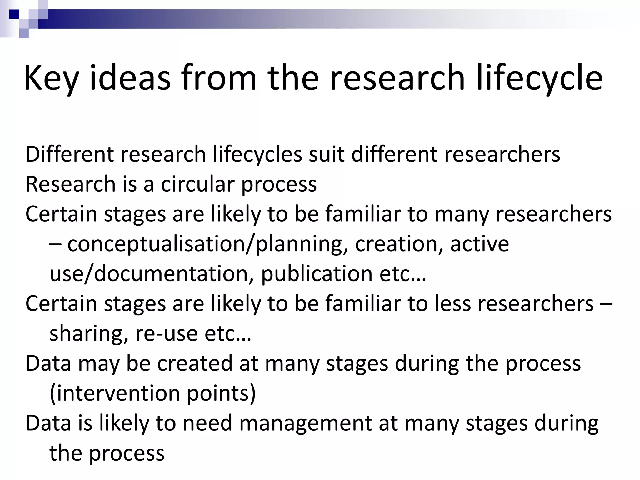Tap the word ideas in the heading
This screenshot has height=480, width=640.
pyautogui.click(x=130, y=77)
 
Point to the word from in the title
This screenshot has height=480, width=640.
pyautogui.click(x=219, y=77)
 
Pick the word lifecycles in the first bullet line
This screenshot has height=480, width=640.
pyautogui.click(x=257, y=154)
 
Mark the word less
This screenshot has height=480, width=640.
pyautogui.click(x=453, y=303)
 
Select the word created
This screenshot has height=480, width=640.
pyautogui.click(x=195, y=363)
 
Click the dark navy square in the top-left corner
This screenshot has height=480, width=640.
pyautogui.click(x=14, y=14)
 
